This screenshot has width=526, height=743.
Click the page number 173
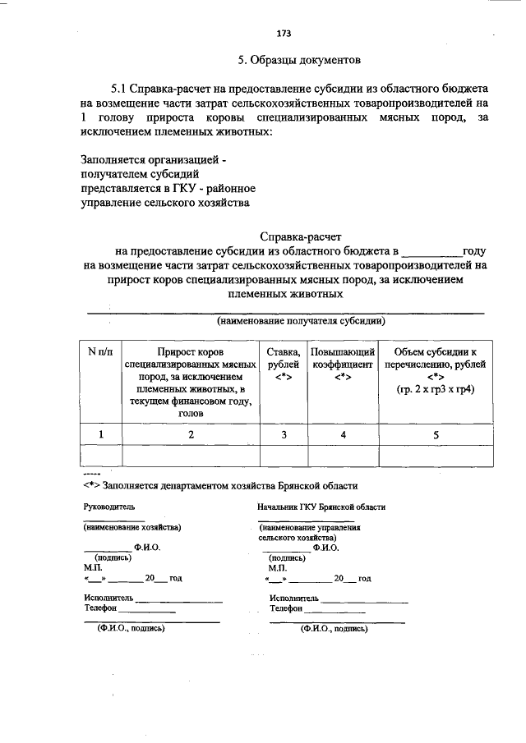click(x=284, y=34)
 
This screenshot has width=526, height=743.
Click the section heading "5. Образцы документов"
click(x=298, y=61)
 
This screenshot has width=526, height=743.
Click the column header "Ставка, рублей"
click(x=284, y=364)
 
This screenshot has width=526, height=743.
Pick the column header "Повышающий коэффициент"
click(x=342, y=364)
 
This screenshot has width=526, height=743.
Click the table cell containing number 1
click(x=100, y=434)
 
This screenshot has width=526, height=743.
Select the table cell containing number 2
click(x=190, y=434)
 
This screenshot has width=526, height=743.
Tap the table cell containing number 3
click(x=284, y=434)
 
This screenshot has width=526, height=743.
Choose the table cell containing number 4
click(x=343, y=434)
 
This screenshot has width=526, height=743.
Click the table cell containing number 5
click(x=436, y=434)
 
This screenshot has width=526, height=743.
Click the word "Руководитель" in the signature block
click(x=108, y=507)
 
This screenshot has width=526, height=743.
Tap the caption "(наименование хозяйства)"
click(x=132, y=527)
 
